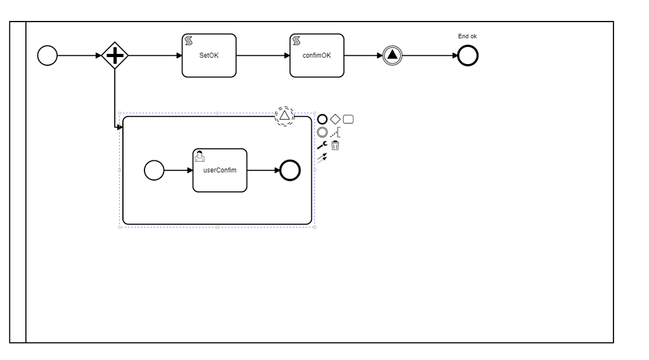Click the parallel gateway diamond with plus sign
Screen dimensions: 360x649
[x=115, y=56]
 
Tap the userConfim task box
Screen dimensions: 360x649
[x=219, y=170]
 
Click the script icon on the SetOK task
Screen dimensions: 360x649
[x=188, y=41]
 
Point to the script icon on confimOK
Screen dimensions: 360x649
[x=295, y=41]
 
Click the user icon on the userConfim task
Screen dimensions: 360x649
[x=199, y=156]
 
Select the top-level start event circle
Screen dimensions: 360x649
[x=48, y=56]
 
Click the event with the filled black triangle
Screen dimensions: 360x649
[x=392, y=56]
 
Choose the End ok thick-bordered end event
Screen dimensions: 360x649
[x=468, y=56]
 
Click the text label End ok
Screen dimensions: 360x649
[x=467, y=36]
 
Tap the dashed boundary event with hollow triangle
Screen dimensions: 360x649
[x=285, y=115]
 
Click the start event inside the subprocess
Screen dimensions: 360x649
[x=154, y=170]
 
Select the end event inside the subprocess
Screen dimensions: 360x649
[x=290, y=170]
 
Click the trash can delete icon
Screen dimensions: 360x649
[x=335, y=145]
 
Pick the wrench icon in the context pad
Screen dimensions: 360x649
[x=322, y=145]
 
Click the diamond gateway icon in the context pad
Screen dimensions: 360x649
[x=335, y=119]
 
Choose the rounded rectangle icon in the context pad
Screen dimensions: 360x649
[x=348, y=119]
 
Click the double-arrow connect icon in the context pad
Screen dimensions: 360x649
[x=322, y=158]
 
